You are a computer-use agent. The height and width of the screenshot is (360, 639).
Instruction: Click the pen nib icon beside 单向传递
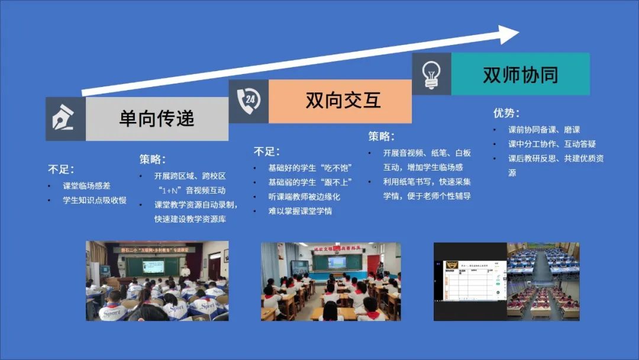tap(65, 119)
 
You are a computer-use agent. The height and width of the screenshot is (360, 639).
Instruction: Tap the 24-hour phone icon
tap(248, 101)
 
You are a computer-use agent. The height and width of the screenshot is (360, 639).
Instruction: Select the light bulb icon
tap(431, 74)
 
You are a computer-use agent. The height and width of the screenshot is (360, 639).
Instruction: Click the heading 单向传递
tap(157, 118)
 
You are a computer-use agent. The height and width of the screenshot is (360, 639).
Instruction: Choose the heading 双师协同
tap(521, 75)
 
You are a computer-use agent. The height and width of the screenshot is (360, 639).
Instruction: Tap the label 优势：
tap(506, 112)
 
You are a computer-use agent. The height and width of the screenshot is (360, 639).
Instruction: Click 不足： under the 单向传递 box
tap(61, 169)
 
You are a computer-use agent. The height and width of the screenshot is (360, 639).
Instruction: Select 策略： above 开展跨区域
tap(153, 159)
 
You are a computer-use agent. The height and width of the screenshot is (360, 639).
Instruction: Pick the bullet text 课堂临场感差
tap(86, 186)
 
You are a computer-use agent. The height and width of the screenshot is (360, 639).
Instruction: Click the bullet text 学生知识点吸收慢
tap(95, 200)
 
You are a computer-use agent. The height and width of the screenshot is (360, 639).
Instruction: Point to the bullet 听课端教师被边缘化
tap(304, 197)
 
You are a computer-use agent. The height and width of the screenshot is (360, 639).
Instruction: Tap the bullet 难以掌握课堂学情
tap(300, 211)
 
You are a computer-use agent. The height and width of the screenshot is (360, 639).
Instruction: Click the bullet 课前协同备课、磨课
tap(544, 130)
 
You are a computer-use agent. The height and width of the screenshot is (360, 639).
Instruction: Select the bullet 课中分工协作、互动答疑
tap(552, 144)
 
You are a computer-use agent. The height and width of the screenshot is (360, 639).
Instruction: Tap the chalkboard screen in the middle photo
tap(337, 262)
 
